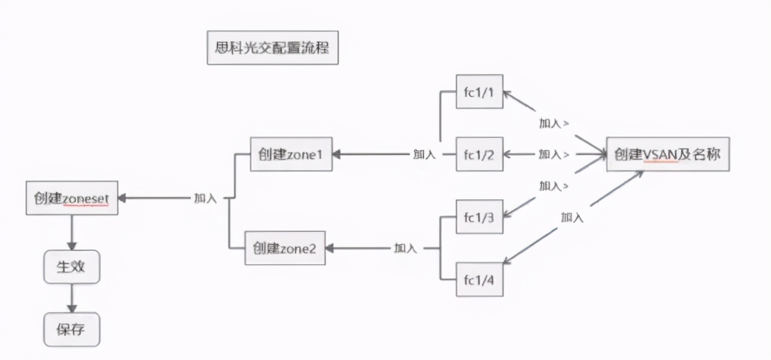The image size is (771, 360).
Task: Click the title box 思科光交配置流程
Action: pyautogui.click(x=272, y=48)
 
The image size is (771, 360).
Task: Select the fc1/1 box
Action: pyautogui.click(x=479, y=92)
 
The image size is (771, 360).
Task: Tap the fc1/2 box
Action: pyautogui.click(x=479, y=155)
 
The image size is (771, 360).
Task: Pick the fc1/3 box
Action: pyautogui.click(x=479, y=217)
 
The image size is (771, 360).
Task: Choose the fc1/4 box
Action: pyautogui.click(x=479, y=279)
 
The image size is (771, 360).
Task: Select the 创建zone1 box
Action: pyautogui.click(x=291, y=154)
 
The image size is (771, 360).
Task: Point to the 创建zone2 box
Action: pyautogui.click(x=285, y=248)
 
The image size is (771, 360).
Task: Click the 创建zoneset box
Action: pyautogui.click(x=72, y=197)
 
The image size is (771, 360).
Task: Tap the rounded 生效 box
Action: pyautogui.click(x=71, y=267)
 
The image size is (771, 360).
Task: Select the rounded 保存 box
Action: pyautogui.click(x=71, y=330)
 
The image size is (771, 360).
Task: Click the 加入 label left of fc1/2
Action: pyautogui.click(x=425, y=155)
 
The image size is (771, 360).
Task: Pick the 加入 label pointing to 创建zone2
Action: pyautogui.click(x=405, y=248)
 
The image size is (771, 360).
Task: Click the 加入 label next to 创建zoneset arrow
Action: pyautogui.click(x=205, y=197)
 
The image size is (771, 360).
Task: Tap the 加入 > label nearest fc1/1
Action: pyautogui.click(x=554, y=123)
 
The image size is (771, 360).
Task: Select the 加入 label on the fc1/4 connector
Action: pyautogui.click(x=572, y=217)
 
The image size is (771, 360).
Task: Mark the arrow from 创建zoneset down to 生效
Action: pyautogui.click(x=71, y=232)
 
